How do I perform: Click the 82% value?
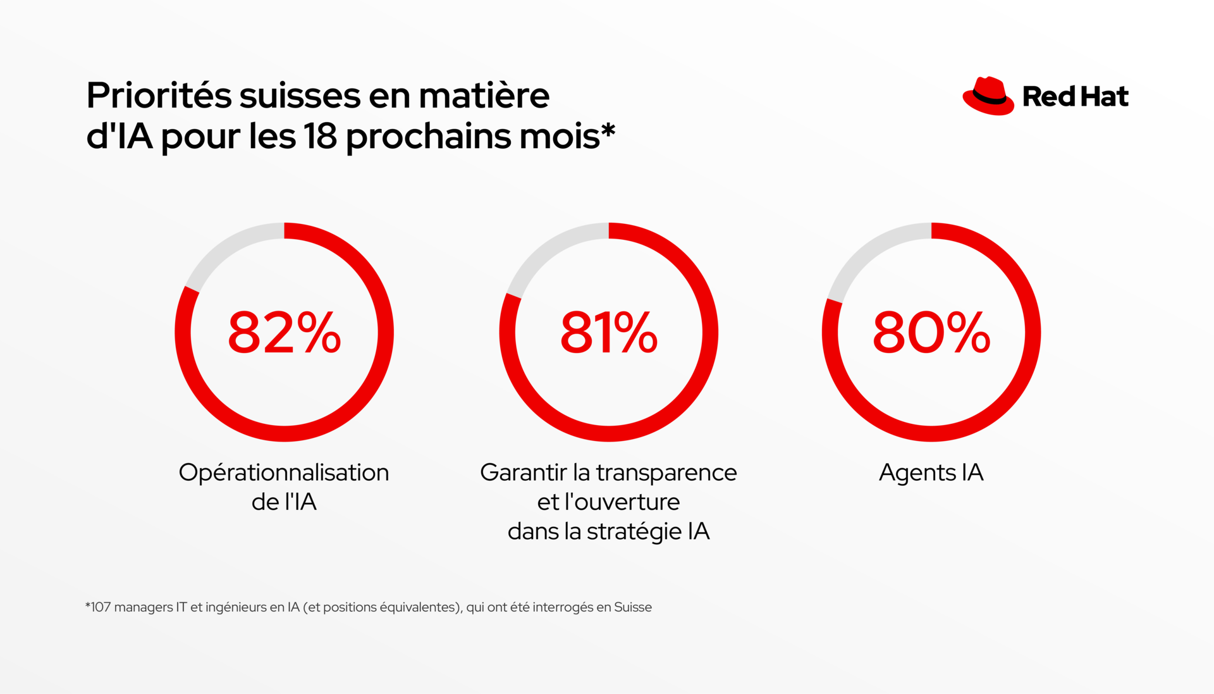284,333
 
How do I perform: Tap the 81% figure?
608,333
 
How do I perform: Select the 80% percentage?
931,333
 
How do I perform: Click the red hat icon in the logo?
988,96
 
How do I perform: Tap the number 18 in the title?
320,136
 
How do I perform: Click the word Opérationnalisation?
284,473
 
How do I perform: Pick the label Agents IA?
931,473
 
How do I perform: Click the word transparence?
666,473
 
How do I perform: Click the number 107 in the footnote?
101,607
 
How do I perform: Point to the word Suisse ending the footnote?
632,607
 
